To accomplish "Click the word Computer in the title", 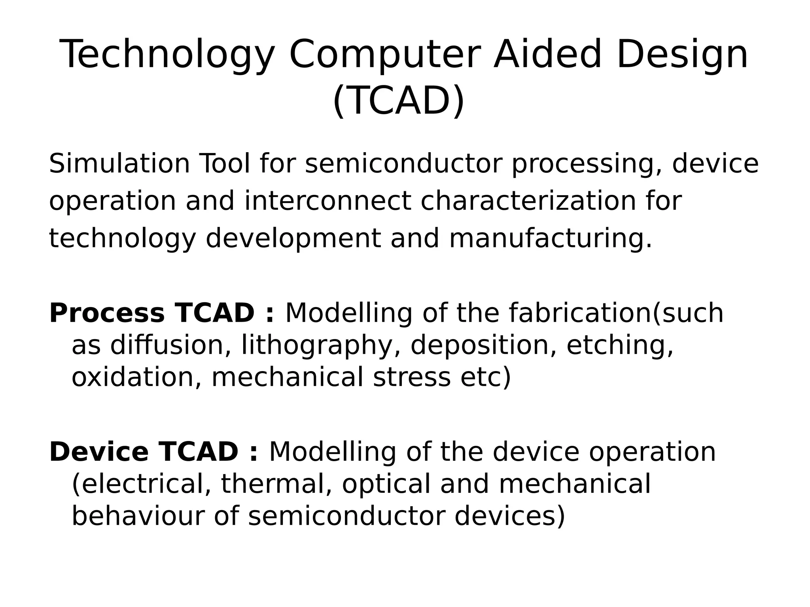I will point(385,55).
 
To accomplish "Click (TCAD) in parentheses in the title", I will point(399,101).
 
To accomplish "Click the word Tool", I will point(225,164).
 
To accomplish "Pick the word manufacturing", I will point(550,239).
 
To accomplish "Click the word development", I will point(293,239).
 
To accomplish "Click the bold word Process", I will point(106,313).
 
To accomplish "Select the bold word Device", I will point(98,452).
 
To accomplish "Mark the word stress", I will point(412,377).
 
